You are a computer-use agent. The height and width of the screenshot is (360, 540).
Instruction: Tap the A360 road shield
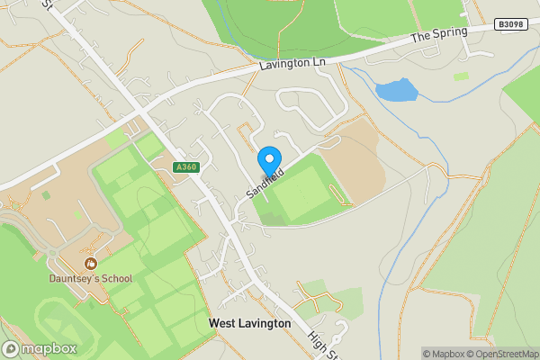185,166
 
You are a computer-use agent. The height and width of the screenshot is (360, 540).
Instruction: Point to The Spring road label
439,36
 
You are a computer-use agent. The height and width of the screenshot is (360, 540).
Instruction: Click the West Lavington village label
249,323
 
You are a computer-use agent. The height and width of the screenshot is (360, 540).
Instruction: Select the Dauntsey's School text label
90,278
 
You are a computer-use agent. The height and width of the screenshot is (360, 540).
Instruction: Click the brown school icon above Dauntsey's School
90,263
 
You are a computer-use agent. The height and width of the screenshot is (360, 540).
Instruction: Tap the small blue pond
397,89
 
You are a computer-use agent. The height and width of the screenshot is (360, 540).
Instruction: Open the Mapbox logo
39,349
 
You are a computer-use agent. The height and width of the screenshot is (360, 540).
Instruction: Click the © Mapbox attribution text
443,354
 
